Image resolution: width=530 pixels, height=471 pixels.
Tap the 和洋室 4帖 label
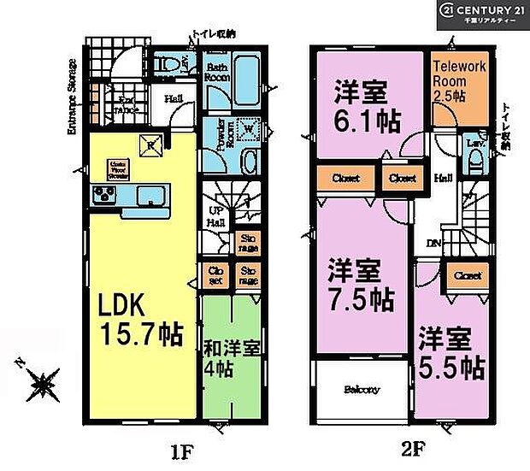[x=230, y=360]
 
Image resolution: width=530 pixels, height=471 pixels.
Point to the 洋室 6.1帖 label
[x=366, y=108]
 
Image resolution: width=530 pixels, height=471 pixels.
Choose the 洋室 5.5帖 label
[x=451, y=355]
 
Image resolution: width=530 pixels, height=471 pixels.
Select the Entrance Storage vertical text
[x=73, y=97]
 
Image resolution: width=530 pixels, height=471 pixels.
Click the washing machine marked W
[x=248, y=130]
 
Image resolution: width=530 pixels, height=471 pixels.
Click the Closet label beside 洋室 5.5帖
[x=467, y=275]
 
